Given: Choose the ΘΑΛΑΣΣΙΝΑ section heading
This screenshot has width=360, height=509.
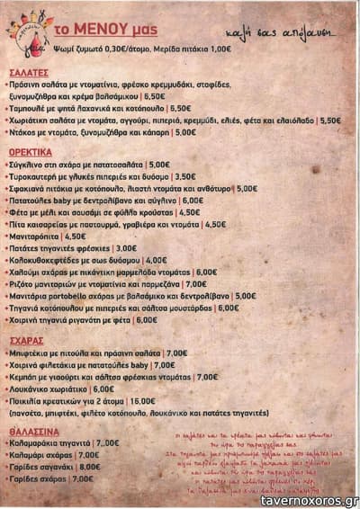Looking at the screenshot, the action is point(34,431).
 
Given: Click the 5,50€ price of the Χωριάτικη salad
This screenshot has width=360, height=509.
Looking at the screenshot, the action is point(329,120).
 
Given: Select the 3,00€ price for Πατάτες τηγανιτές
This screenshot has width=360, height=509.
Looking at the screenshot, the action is point(125,247).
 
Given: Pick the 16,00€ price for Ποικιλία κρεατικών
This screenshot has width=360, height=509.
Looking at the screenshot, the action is point(141,401).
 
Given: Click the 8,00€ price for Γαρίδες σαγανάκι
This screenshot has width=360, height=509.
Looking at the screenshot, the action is point(89,467).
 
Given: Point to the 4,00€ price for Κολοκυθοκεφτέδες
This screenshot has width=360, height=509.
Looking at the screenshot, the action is point(156,259).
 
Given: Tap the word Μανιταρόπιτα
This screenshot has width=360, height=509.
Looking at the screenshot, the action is point(37,236).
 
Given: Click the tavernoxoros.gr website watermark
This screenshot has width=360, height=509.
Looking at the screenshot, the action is point(309,500).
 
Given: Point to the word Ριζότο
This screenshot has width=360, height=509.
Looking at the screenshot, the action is point(25,283).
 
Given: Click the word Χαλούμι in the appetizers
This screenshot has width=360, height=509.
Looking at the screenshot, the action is point(28,272).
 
